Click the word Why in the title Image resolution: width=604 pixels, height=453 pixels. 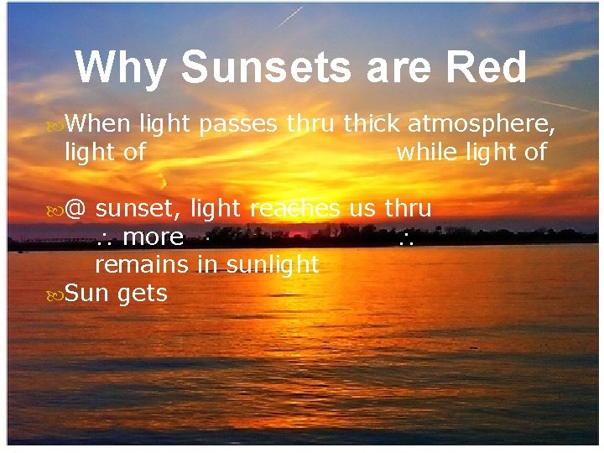(x=120, y=68)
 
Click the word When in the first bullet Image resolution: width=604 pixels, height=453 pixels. (x=97, y=124)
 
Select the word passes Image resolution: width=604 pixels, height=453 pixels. (x=240, y=124)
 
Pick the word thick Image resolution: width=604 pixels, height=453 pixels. (x=372, y=124)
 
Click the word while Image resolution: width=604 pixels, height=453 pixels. (x=424, y=152)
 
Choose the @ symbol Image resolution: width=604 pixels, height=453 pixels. (x=75, y=208)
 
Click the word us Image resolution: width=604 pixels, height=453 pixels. (x=362, y=209)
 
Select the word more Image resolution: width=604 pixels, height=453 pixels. (x=153, y=237)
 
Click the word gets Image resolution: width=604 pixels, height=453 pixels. (x=143, y=294)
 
